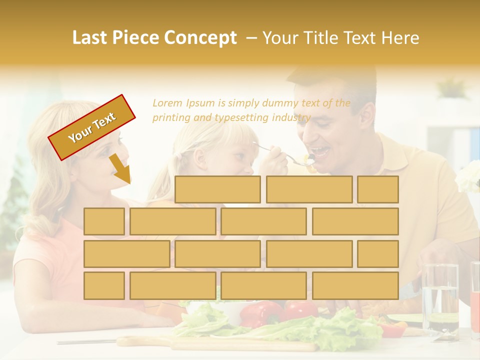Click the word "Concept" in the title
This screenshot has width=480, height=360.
[x=200, y=38]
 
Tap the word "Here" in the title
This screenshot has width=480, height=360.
[x=400, y=38]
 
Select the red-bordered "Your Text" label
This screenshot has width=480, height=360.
[x=91, y=127]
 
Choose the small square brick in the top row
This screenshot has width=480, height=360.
[x=377, y=189]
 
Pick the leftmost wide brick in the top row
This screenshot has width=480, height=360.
[x=217, y=189]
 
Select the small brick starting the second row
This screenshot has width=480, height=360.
[x=104, y=221]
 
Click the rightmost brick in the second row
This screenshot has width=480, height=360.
[x=355, y=221]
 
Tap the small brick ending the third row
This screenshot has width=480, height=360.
[x=377, y=253]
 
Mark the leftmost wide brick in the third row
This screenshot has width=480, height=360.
[x=126, y=253]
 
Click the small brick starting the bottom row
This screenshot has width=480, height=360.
[x=104, y=285]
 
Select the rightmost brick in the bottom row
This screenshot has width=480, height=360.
[x=355, y=285]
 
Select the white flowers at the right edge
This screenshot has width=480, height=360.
[x=470, y=176]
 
